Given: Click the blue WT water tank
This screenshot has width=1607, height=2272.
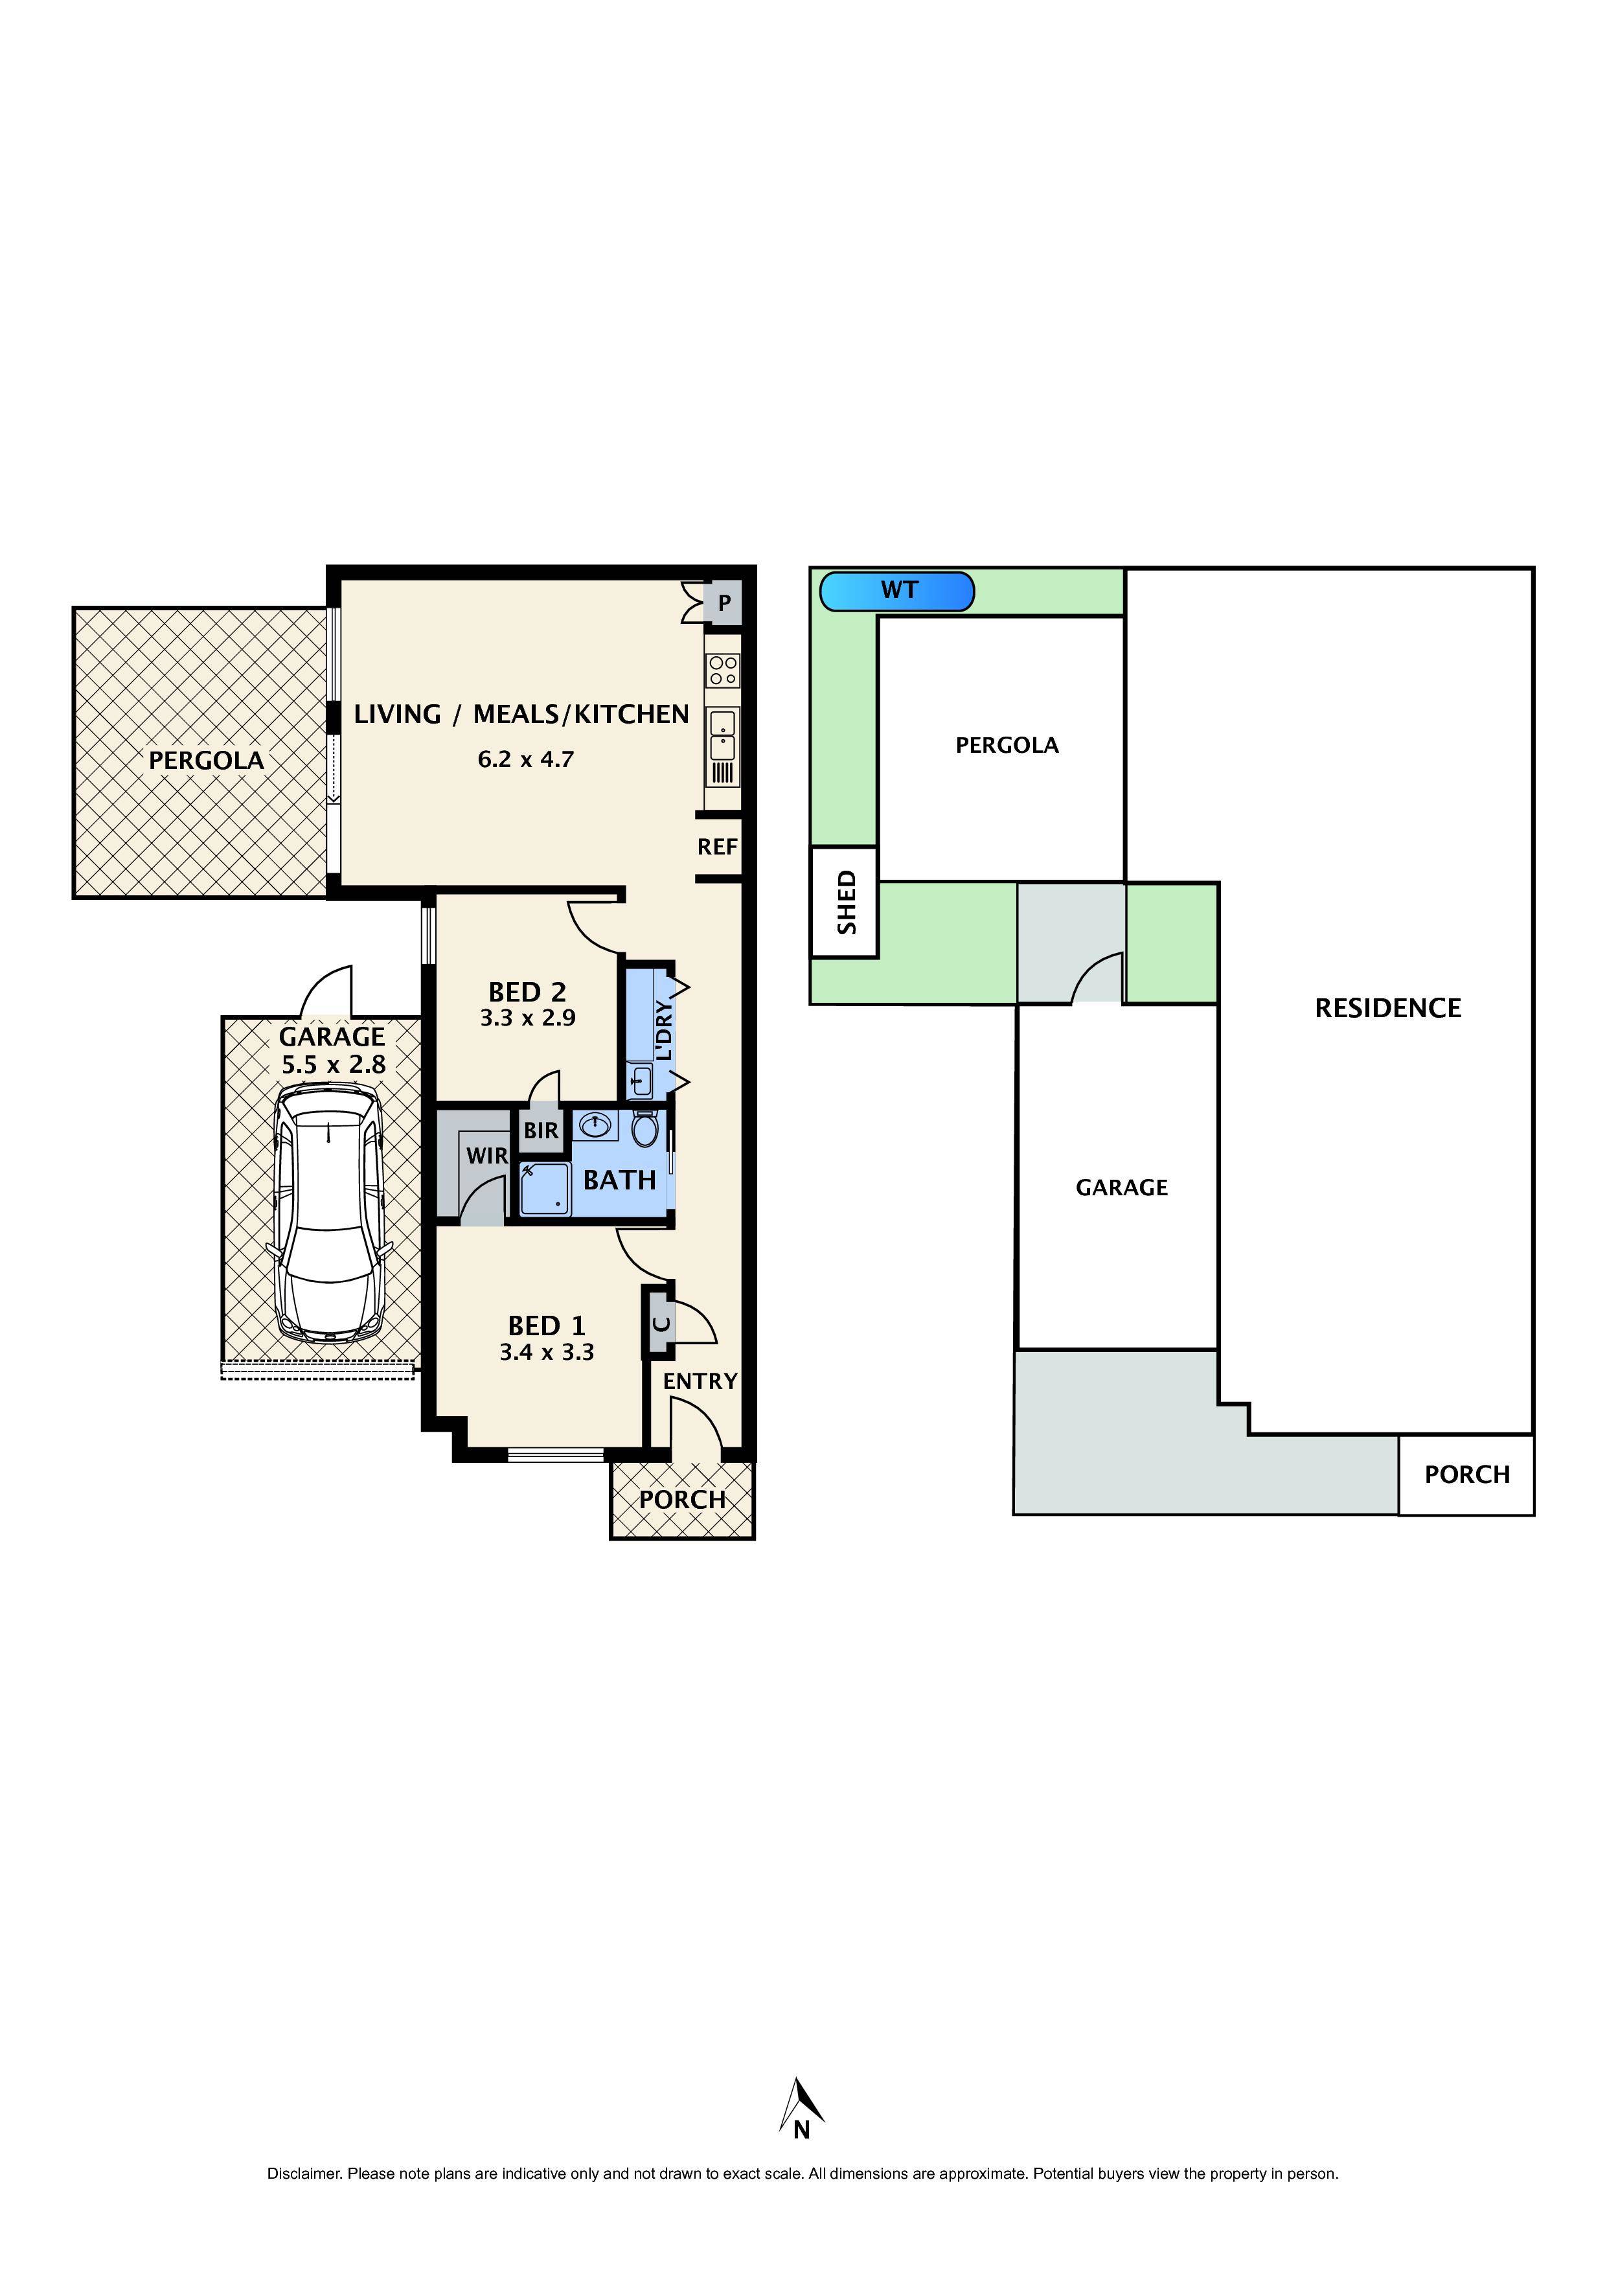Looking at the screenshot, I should [x=896, y=591].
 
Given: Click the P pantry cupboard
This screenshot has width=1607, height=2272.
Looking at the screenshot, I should [x=724, y=602].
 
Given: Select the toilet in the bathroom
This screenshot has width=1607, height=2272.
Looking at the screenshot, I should [x=645, y=1127].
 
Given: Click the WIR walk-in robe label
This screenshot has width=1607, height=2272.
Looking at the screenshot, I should [x=487, y=1156].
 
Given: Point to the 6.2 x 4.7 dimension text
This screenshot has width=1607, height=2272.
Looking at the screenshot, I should [x=525, y=760].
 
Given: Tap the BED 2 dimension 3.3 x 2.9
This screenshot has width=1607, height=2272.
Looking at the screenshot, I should [x=527, y=1018].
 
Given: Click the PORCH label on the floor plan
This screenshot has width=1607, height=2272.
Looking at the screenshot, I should [x=682, y=1500].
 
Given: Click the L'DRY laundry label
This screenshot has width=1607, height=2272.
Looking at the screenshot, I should [x=664, y=1030].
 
